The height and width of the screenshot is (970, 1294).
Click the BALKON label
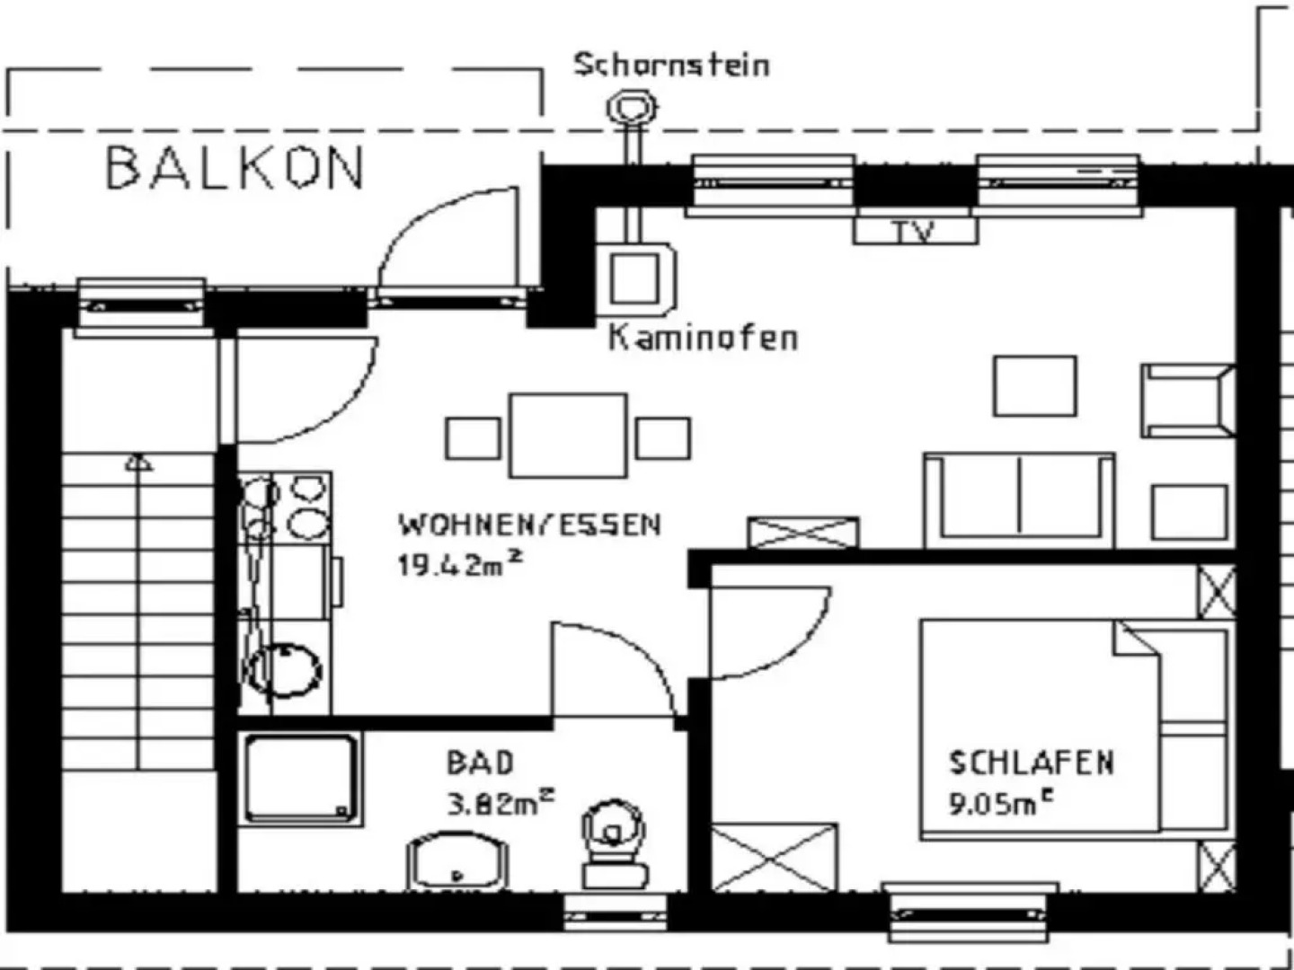pos(235,168)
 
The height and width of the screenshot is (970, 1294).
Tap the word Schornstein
pos(671,65)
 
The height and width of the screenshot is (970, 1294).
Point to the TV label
pos(914,232)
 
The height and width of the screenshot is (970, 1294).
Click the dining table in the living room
pos(568,436)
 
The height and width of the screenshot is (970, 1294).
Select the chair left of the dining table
pos(473,438)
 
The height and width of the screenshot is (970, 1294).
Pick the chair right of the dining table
pos(663,438)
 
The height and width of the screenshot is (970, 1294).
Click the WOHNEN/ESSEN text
pos(530,525)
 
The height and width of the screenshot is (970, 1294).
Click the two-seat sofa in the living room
pos(1019,498)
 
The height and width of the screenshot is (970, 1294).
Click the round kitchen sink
pos(286,669)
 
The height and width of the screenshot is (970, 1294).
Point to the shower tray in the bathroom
pos(301,779)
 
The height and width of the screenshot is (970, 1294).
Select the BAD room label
pos(481,763)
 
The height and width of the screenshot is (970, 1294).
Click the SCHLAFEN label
pos(1032,763)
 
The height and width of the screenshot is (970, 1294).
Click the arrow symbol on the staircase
pos(137,463)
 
